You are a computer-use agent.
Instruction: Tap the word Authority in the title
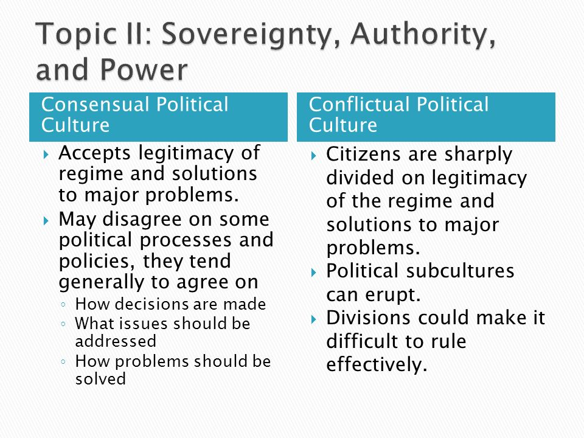pyautogui.click(x=423, y=34)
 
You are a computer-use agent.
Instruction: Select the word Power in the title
pyautogui.click(x=144, y=69)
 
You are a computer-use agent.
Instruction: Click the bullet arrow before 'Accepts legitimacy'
pyautogui.click(x=46, y=155)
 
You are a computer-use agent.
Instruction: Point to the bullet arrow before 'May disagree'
pyautogui.click(x=46, y=220)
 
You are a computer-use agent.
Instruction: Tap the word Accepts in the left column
pyautogui.click(x=95, y=154)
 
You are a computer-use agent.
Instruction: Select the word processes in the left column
pyautogui.click(x=186, y=241)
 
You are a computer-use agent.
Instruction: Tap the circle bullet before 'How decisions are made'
pyautogui.click(x=63, y=305)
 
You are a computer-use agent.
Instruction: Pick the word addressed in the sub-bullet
pyautogui.click(x=116, y=341)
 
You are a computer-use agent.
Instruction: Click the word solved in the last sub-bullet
pyautogui.click(x=100, y=379)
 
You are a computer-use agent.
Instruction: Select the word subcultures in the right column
pyautogui.click(x=461, y=271)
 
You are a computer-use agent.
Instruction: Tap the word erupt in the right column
pyautogui.click(x=392, y=296)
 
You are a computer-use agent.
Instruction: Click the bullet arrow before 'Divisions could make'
pyautogui.click(x=314, y=319)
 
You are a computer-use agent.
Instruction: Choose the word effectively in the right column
pyautogui.click(x=377, y=364)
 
